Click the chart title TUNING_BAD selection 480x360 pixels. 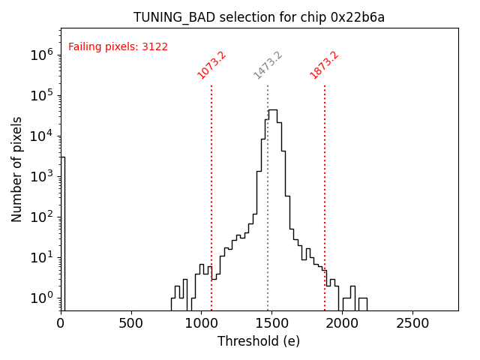click(259, 17)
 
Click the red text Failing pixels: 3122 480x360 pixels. click(118, 47)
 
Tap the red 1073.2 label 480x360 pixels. click(211, 65)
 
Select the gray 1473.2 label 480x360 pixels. click(268, 65)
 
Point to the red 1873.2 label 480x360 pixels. click(324, 65)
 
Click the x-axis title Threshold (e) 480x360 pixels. click(259, 341)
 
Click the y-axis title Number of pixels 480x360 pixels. click(17, 169)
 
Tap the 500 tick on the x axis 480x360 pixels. click(131, 323)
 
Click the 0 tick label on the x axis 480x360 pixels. click(61, 323)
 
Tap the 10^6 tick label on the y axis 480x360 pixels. click(41, 55)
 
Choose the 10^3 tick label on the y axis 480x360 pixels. click(41, 176)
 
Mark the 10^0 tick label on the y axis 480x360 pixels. click(41, 298)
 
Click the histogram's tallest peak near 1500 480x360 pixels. click(272, 110)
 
